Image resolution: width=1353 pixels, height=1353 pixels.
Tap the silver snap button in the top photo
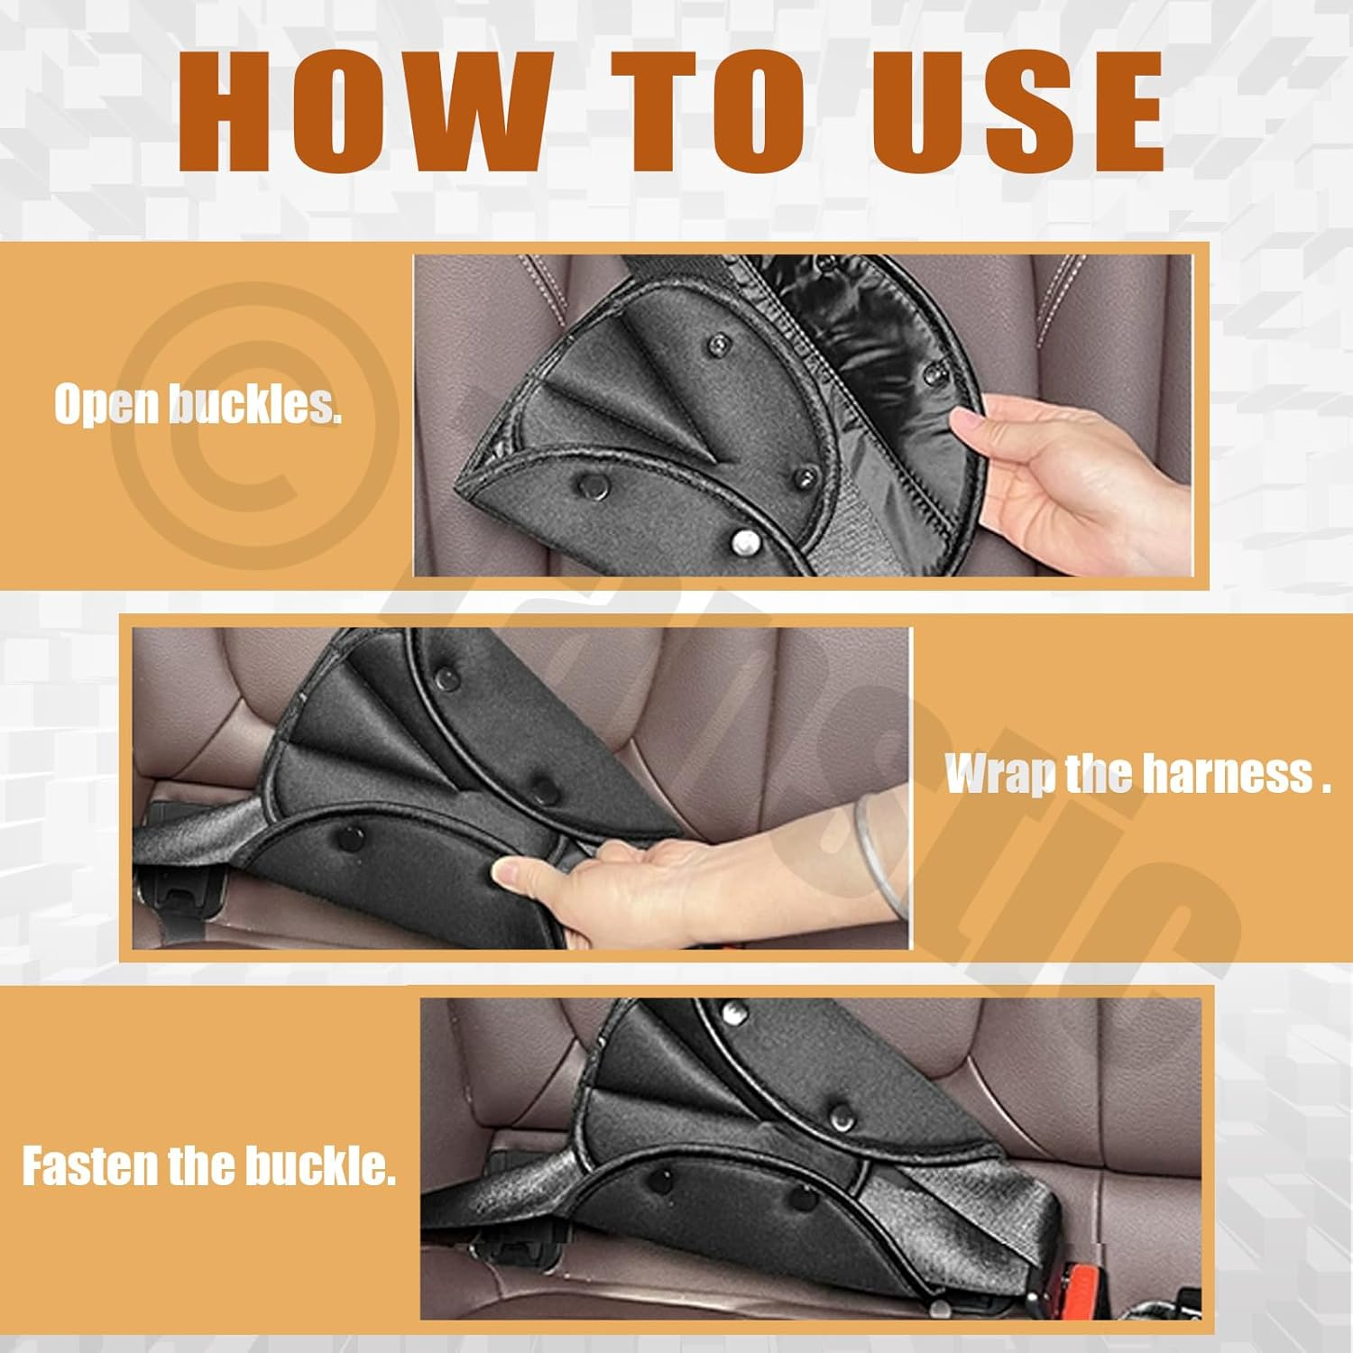coord(744,541)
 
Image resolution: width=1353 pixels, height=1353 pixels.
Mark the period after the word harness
coord(1326,790)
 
